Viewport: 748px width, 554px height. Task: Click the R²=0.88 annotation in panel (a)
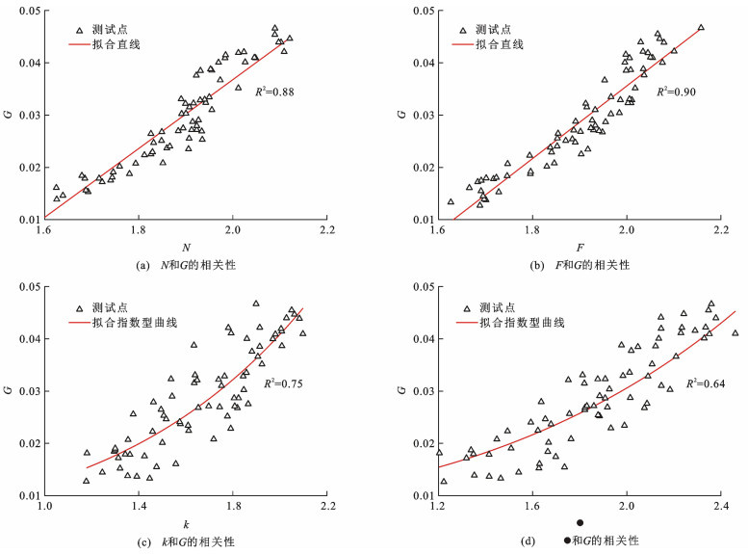pos(275,92)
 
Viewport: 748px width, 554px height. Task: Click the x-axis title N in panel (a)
pos(185,248)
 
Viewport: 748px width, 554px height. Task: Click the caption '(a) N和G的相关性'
pos(186,265)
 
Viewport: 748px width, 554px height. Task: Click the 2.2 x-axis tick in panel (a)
pos(327,232)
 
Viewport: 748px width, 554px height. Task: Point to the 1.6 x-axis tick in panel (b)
pos(438,232)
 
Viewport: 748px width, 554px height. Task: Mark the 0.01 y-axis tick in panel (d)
pos(420,495)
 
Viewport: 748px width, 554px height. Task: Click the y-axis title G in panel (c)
pos(10,391)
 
